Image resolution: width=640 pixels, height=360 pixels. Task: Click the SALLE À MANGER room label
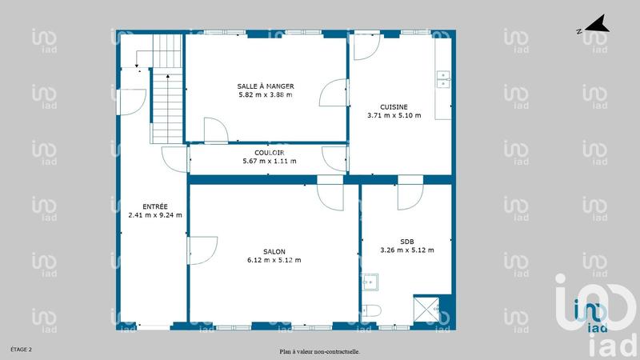(x=266, y=86)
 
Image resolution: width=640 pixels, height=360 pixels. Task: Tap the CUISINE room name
(x=394, y=106)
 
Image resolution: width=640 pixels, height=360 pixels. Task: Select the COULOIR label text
(x=270, y=152)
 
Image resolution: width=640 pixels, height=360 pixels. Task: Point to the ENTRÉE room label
(x=155, y=206)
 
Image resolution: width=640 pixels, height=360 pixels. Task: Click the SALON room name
(x=274, y=251)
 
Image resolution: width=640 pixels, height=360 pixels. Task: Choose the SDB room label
(x=406, y=242)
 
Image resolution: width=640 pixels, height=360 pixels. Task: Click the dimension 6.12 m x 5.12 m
(x=274, y=260)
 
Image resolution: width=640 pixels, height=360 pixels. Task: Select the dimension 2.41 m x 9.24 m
(x=155, y=214)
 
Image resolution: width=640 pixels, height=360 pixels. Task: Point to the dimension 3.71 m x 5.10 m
(x=394, y=115)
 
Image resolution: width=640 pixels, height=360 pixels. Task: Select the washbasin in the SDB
(x=370, y=282)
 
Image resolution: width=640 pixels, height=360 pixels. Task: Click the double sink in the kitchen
(x=443, y=78)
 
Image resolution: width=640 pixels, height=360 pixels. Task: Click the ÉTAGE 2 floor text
(x=21, y=350)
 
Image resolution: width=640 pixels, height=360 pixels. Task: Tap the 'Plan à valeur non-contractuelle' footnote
(x=319, y=351)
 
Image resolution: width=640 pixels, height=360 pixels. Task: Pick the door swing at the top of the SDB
(x=410, y=194)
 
